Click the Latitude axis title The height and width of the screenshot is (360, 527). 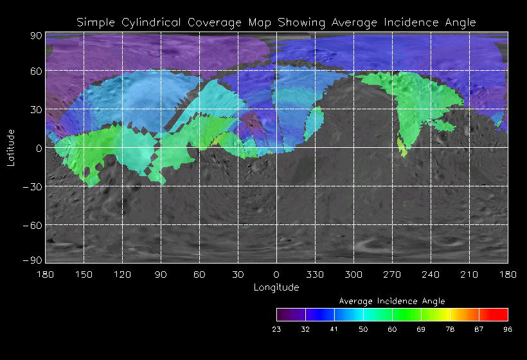pos(10,147)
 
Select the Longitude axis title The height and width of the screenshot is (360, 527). pos(276,287)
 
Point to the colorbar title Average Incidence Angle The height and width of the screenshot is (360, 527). pos(392,301)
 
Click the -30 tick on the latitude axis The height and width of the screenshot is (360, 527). pos(32,186)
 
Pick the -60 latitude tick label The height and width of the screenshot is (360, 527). pos(32,225)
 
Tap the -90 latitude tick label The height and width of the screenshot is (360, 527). pos(32,260)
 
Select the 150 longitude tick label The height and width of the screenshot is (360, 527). pos(84,274)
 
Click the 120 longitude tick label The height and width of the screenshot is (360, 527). pos(122,274)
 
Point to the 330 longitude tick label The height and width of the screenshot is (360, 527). pos(315,274)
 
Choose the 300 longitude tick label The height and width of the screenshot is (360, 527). pos(353,274)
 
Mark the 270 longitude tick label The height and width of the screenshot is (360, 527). pos(392,274)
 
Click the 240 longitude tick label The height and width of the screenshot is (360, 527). pos(431,274)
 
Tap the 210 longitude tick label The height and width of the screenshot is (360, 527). pos(469,274)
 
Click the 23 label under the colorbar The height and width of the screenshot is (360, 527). pos(276,329)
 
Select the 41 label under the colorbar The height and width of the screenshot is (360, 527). pos(334,329)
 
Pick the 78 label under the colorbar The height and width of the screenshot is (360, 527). pos(450,329)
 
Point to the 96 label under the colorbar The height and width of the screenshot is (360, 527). pos(508,329)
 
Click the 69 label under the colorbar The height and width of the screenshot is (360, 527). pos(421,329)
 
